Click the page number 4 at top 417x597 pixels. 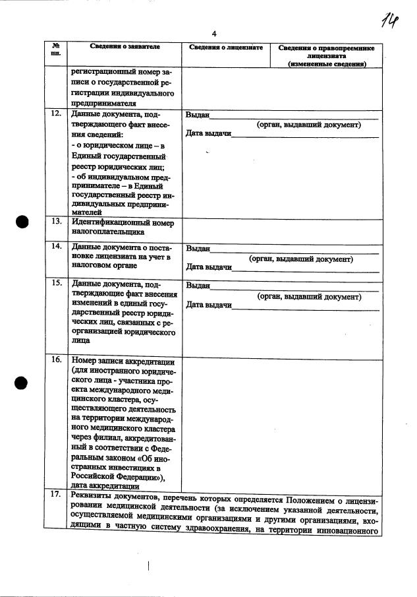coord(214,34)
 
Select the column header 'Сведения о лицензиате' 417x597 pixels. coord(226,48)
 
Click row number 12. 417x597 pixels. coord(57,114)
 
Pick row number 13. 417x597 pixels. coord(57,223)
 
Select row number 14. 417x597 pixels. coord(57,247)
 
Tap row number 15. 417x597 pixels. coord(57,284)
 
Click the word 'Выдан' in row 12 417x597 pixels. coord(197,115)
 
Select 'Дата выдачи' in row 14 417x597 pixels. coord(209,268)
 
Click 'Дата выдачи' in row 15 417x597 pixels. coord(209,305)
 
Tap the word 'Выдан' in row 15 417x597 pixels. coord(198,286)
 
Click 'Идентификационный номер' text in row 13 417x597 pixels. coord(122,223)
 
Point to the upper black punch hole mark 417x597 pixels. coord(22,222)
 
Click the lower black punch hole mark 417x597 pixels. coord(22,381)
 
